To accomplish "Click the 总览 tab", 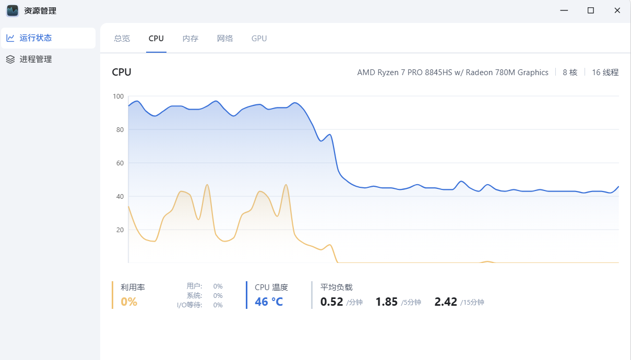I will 122,39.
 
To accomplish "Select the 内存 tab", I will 191,39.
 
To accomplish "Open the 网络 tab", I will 225,39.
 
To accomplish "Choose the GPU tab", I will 259,39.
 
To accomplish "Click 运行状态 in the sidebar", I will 35,38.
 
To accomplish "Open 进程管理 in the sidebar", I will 35,59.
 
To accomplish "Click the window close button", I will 617,10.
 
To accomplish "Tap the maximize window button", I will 591,10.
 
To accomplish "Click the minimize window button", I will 564,10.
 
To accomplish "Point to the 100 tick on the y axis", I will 118,97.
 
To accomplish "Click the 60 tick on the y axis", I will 120,163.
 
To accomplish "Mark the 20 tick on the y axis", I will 120,230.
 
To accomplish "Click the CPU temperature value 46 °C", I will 269,302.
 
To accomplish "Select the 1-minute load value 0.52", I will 331,302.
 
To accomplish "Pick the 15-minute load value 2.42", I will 446,302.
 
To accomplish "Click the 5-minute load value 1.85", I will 387,302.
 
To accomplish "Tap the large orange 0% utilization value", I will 129,302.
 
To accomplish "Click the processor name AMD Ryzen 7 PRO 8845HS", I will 453,73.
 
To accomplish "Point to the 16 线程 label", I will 605,73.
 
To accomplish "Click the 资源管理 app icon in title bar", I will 13,10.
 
